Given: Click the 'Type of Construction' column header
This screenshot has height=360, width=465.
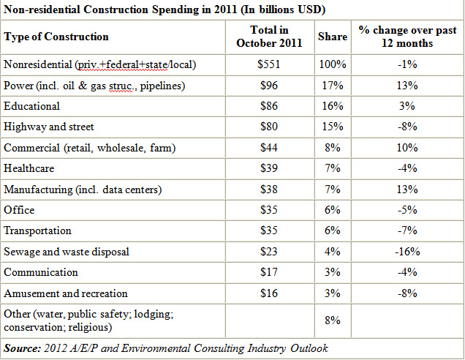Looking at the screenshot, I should point(56,37).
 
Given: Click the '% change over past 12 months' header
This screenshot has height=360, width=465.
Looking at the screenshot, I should point(407,37).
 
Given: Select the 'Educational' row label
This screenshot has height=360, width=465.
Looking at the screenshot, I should point(32,106).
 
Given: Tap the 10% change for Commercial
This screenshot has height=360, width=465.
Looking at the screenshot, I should point(407,148).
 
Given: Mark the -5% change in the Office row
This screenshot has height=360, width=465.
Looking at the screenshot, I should point(407,210).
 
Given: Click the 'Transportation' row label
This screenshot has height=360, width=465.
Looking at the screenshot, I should point(38,230).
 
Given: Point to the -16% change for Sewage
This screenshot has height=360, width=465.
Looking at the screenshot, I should point(407,252).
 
